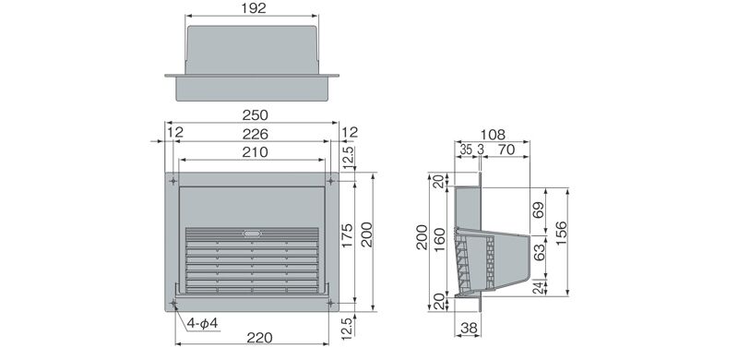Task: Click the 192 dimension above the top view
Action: [253, 8]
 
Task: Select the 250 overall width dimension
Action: [256, 115]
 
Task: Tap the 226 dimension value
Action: [256, 134]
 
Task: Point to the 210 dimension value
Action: [256, 152]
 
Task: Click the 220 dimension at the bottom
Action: [259, 337]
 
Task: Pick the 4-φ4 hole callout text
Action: [202, 323]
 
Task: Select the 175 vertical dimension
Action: [347, 235]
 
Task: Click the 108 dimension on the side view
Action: [493, 134]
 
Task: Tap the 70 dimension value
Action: [506, 150]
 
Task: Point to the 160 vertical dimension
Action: [440, 240]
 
